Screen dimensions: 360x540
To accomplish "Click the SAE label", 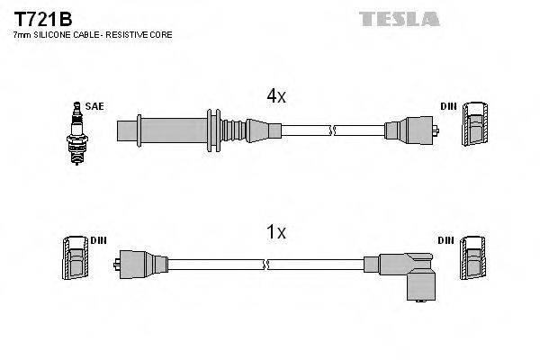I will pyautogui.click(x=95, y=106).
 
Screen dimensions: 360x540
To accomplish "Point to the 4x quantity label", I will pyautogui.click(x=276, y=96).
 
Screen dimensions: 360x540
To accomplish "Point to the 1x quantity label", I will pyautogui.click(x=276, y=232).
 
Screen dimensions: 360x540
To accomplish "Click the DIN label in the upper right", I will pyautogui.click(x=448, y=106).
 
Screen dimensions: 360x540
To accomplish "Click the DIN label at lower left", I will pyautogui.click(x=97, y=241).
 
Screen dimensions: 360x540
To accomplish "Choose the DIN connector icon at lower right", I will pyautogui.click(x=473, y=260).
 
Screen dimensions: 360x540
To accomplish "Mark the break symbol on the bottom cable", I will pyautogui.click(x=267, y=265).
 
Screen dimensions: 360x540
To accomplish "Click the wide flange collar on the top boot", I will pyautogui.click(x=212, y=129).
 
